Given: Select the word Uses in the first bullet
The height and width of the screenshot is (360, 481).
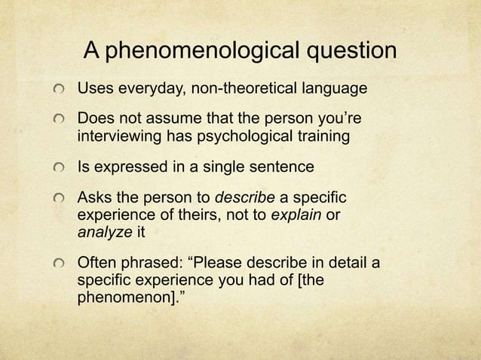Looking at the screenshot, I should tap(94, 90).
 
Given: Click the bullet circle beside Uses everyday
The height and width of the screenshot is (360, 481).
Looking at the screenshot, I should tap(58, 91).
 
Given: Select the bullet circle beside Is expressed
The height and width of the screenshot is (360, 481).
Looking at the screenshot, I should tap(58, 170).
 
